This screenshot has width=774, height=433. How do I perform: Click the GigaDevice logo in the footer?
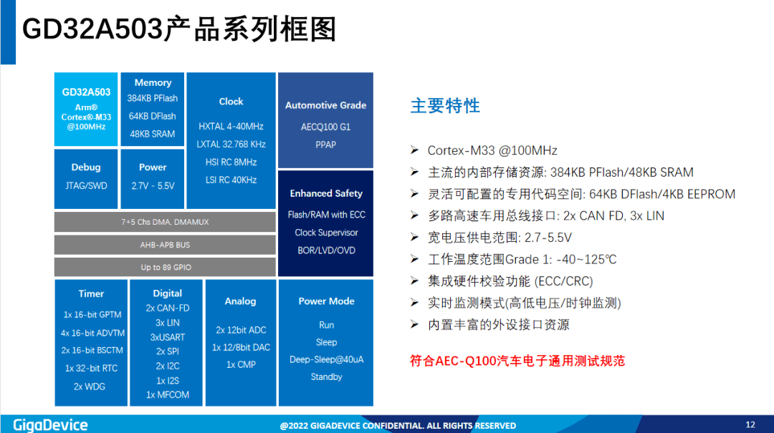coord(50,425)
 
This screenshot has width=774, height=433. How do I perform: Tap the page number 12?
coord(750,424)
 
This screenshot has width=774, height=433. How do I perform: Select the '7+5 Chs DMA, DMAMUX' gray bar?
coord(165,222)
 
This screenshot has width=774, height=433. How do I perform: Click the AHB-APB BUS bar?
coord(165,245)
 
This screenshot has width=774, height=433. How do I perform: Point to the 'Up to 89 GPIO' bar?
coord(165,267)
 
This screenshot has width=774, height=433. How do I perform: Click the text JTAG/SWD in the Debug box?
coord(86,186)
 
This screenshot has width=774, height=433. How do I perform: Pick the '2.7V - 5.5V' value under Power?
coord(153,186)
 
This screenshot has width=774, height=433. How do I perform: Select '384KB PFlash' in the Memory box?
coord(153,98)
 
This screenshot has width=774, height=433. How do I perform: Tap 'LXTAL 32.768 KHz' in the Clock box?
coord(231,144)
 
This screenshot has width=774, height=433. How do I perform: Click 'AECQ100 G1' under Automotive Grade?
coord(326,127)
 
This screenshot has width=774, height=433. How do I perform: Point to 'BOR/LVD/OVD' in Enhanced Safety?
coord(326,250)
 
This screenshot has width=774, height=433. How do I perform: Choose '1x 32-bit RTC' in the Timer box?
coord(91,369)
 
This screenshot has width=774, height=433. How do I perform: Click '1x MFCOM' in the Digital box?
coord(167,394)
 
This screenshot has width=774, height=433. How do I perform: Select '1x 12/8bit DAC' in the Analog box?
coord(241,347)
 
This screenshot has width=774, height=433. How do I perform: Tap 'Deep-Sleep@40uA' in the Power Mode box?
coord(326,359)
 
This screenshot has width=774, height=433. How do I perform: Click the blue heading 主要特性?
coord(445,105)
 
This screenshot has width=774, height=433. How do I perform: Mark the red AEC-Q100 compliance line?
coord(517,361)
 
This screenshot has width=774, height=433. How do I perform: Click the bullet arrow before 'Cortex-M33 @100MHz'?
coord(415,150)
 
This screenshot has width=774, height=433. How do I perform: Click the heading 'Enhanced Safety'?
coord(326,193)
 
